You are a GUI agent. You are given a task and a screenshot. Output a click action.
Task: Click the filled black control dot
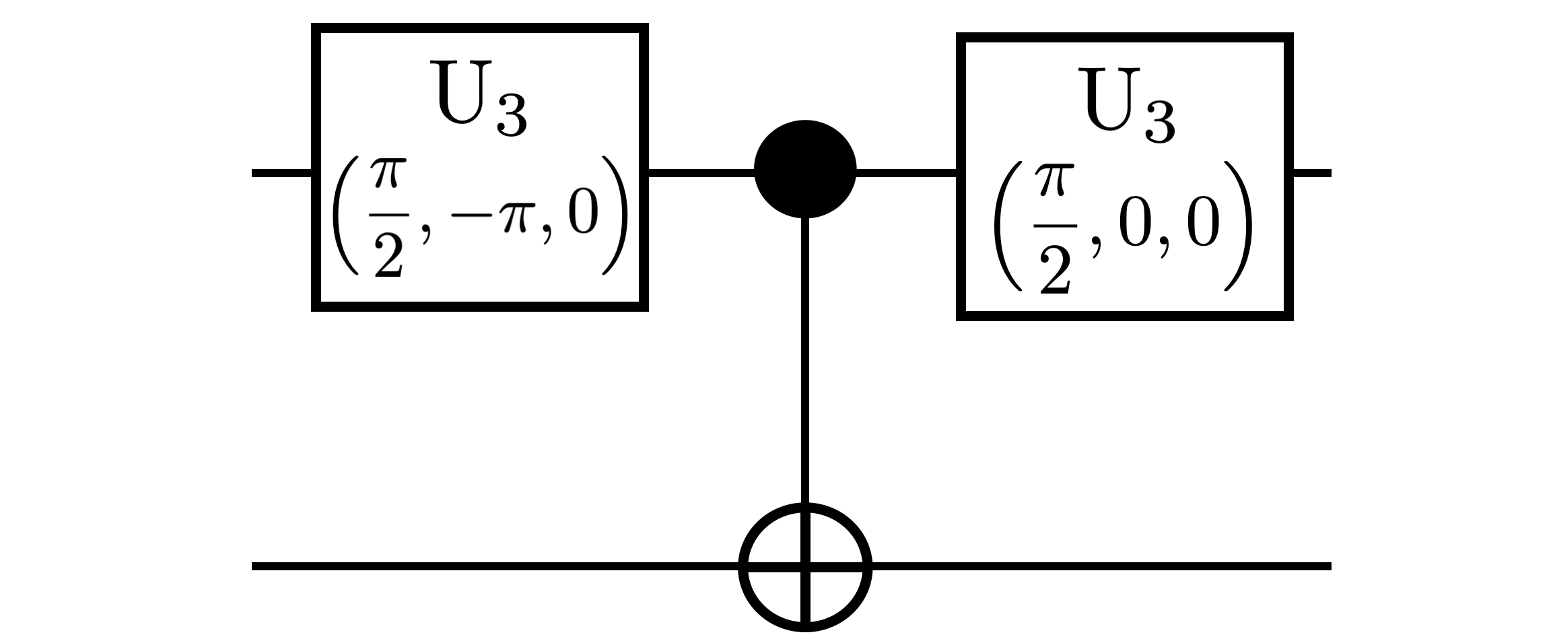click(x=805, y=170)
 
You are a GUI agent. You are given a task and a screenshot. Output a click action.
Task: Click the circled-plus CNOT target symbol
click(x=805, y=566)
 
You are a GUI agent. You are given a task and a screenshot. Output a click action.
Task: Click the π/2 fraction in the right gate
click(x=1054, y=230)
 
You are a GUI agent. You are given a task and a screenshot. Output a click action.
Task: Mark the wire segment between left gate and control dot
click(x=700, y=173)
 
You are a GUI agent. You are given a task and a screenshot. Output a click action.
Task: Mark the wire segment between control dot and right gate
click(x=906, y=173)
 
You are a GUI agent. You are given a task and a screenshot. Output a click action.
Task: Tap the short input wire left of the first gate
click(x=281, y=173)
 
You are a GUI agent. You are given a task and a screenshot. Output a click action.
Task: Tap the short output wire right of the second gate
click(x=1311, y=173)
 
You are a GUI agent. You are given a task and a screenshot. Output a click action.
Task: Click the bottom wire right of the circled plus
click(x=1097, y=566)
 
